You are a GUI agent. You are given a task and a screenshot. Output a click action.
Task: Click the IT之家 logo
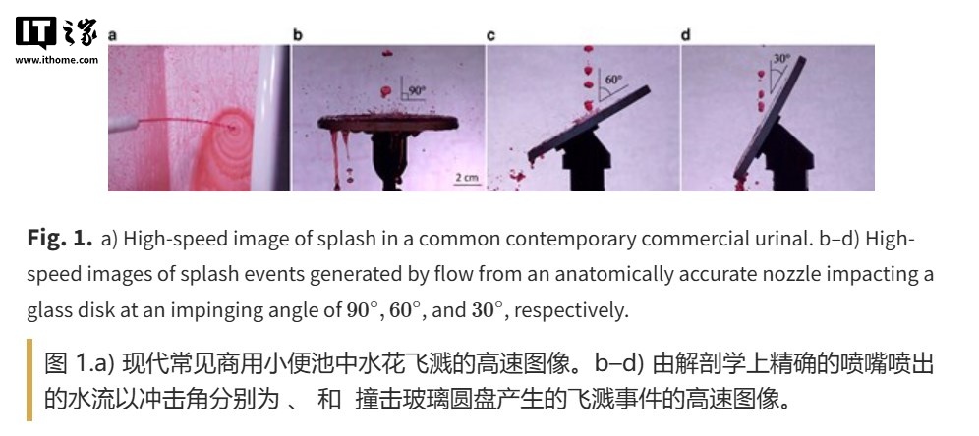[x=57, y=32]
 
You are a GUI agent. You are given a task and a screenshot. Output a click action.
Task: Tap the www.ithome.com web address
[x=57, y=60]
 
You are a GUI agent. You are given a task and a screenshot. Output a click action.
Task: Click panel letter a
[x=112, y=35]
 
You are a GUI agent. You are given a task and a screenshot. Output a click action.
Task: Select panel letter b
[x=298, y=35]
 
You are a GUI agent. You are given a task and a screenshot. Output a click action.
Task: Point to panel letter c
[x=490, y=35]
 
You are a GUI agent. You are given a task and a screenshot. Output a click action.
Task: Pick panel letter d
[x=685, y=35]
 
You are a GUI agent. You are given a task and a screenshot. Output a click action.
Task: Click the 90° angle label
[x=417, y=90]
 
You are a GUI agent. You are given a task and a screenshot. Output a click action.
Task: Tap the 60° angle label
[x=614, y=80]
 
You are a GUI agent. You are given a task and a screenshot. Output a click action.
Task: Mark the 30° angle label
[x=781, y=59]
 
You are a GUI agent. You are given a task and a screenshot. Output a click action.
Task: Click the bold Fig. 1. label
[x=60, y=239]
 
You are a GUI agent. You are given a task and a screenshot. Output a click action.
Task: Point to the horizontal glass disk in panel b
[x=388, y=122]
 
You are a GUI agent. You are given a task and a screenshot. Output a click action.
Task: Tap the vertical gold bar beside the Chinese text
[x=29, y=380]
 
